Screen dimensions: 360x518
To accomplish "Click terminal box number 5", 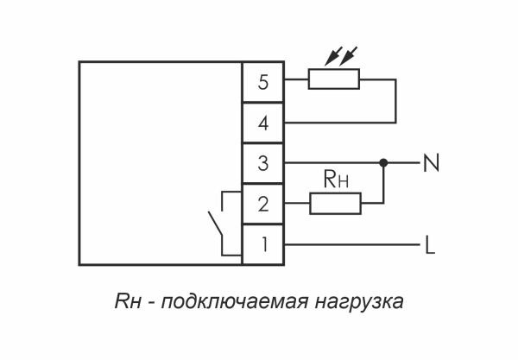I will coord(264,83).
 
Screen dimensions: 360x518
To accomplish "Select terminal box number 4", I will coord(264,123).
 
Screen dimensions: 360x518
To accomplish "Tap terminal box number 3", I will coord(264,162).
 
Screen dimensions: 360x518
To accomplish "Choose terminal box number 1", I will coord(264,244).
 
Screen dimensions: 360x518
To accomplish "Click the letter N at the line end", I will coord(429,162).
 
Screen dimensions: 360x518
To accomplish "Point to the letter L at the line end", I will coord(429,245).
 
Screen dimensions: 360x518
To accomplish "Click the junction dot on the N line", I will coord(382,162).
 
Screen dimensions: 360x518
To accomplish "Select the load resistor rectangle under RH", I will coord(334,204).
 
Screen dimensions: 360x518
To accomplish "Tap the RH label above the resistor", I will coord(335,181).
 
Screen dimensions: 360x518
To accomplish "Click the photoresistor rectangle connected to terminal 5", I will coord(334,82).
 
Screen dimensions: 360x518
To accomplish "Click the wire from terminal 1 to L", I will coord(354,245).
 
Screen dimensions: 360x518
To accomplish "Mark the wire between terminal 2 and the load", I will coord(296,204).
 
